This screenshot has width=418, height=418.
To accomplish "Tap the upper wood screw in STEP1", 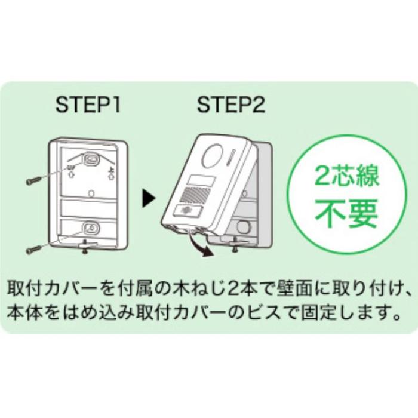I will tap(37, 177).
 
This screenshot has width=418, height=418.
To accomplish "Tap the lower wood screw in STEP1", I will tap(37, 245).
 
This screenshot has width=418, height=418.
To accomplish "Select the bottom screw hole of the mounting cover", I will tap(91, 228).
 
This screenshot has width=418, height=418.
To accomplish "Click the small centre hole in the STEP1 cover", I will tap(90, 193).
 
